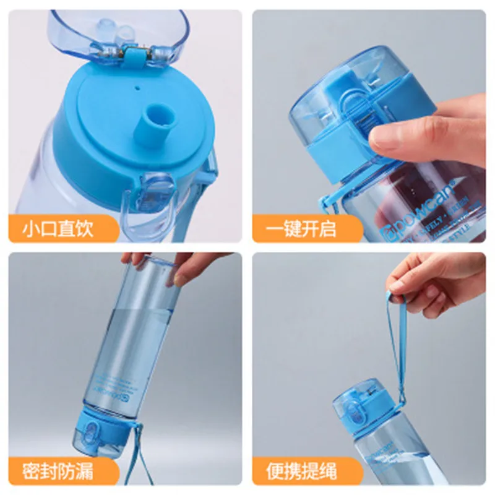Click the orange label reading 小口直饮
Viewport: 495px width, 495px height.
tap(59, 230)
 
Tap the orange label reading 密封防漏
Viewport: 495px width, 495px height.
tap(59, 472)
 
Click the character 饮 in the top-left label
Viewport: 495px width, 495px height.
tap(86, 230)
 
